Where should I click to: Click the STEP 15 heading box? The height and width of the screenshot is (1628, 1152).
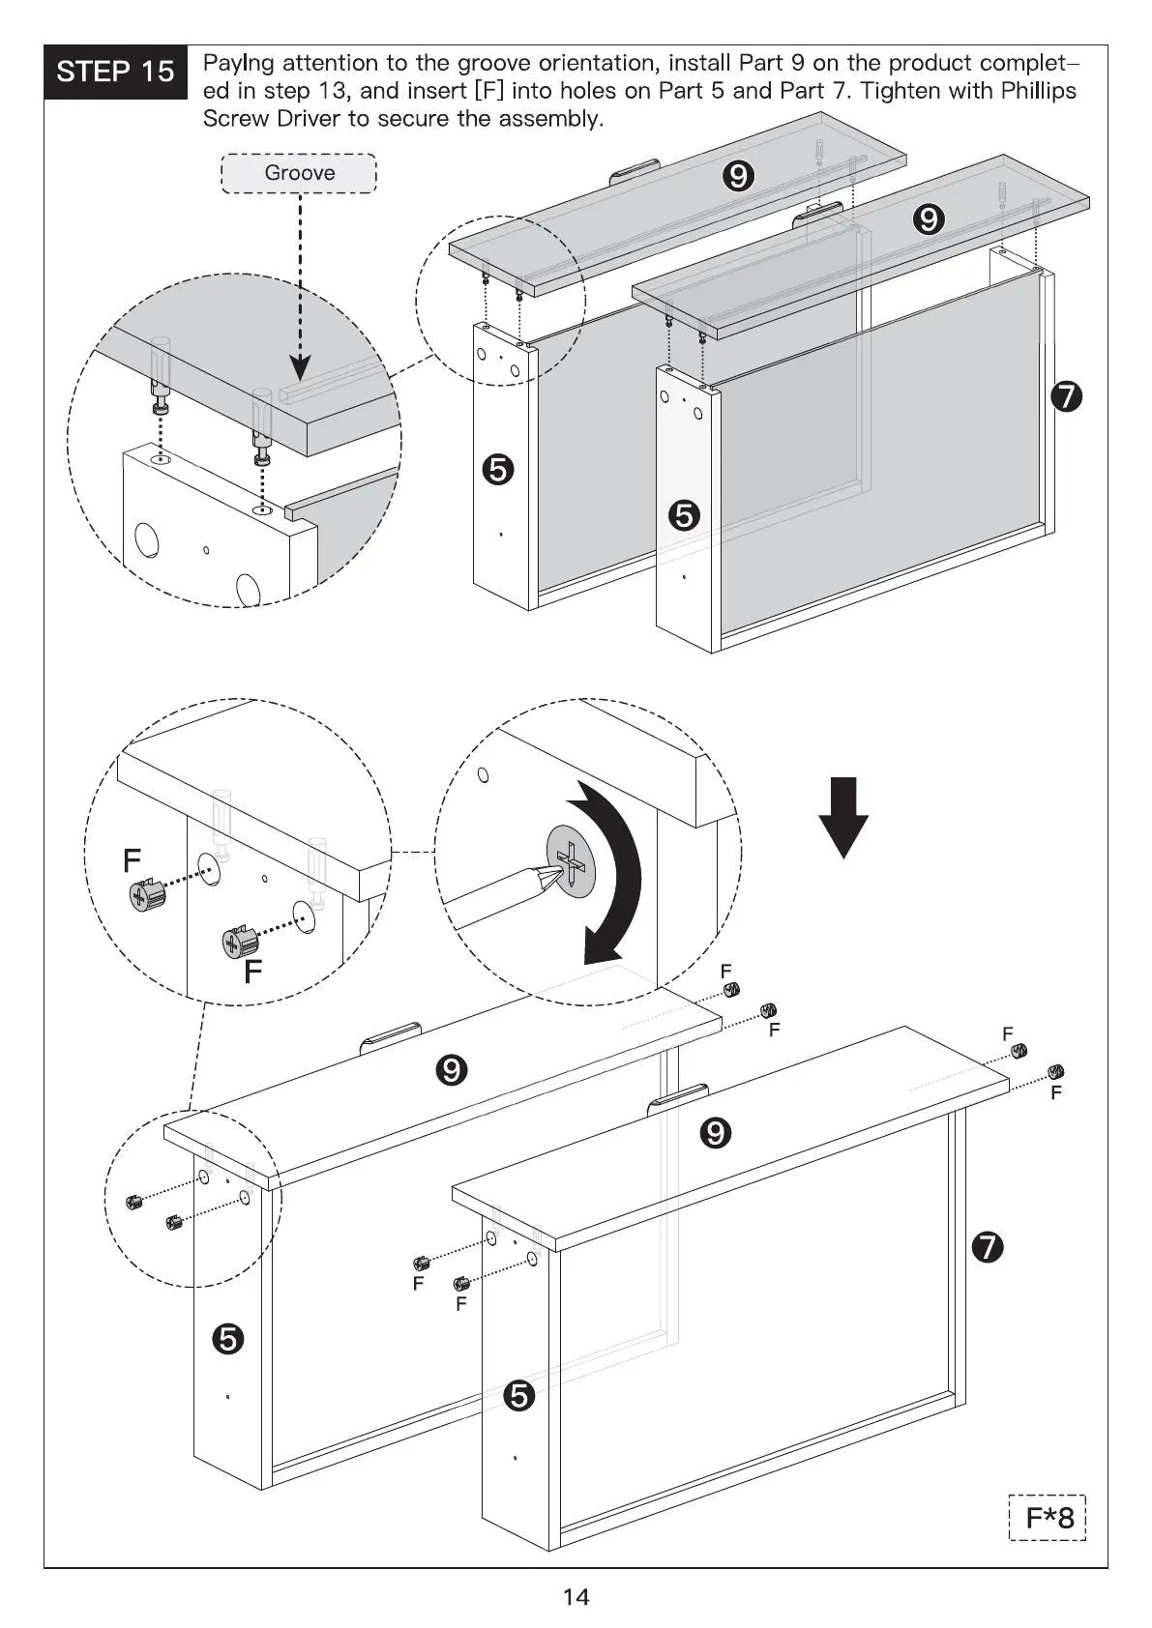[x=115, y=72]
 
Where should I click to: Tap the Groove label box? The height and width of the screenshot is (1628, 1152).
[x=299, y=173]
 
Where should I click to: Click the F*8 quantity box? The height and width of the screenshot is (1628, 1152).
[x=1049, y=1544]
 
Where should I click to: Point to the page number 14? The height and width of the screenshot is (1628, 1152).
[x=576, y=1596]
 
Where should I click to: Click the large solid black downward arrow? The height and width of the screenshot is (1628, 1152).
[x=843, y=817]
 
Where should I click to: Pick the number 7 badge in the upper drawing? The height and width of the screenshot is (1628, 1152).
[x=1065, y=396]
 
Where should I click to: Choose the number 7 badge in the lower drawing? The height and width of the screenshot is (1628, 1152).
[x=987, y=1248]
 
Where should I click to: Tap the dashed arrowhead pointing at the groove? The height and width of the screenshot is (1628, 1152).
[x=301, y=367]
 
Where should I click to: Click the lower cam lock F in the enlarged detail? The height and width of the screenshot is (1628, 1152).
[x=238, y=941]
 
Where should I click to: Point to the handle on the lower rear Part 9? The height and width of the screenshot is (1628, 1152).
[x=391, y=1036]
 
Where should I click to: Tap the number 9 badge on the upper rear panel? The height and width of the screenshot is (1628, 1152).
[x=737, y=176]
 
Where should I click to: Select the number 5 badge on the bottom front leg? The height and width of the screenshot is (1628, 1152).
[x=519, y=1396]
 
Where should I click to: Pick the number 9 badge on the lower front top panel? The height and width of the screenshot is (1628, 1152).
[x=716, y=1131]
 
